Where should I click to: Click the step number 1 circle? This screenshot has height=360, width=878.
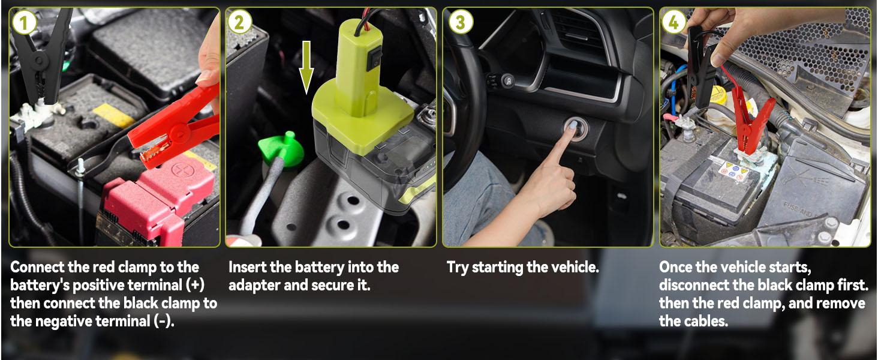click(x=25, y=22)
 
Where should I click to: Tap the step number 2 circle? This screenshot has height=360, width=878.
click(x=240, y=22)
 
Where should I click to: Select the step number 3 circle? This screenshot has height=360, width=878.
click(x=461, y=22)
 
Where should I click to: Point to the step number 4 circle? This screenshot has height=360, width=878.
click(x=673, y=22)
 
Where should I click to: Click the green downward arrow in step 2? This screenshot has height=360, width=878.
click(x=306, y=67)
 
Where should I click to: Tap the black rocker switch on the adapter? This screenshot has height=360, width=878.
click(x=375, y=59)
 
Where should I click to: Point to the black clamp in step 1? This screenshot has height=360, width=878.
click(x=41, y=57)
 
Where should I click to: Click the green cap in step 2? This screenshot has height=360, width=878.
click(x=281, y=149)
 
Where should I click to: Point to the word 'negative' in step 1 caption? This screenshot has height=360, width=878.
click(x=64, y=321)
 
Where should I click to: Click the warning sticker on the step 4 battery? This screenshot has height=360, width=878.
click(x=733, y=172)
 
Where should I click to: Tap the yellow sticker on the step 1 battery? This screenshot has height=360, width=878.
click(x=113, y=115)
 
